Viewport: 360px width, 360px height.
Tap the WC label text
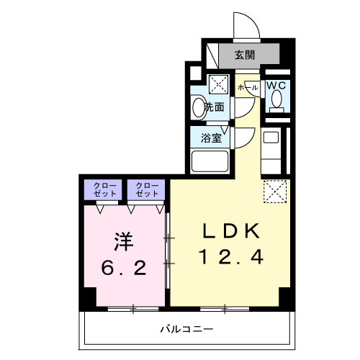tap(276, 86)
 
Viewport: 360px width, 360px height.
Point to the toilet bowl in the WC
tap(276, 102)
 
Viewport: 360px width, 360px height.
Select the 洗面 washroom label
tap(214, 107)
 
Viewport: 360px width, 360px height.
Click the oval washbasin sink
tap(199, 107)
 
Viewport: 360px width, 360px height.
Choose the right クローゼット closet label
tap(147, 189)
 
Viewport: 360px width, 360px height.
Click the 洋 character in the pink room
tap(123, 241)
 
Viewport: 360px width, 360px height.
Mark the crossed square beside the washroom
tap(219, 84)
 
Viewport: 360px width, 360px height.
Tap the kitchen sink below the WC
tap(271, 137)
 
